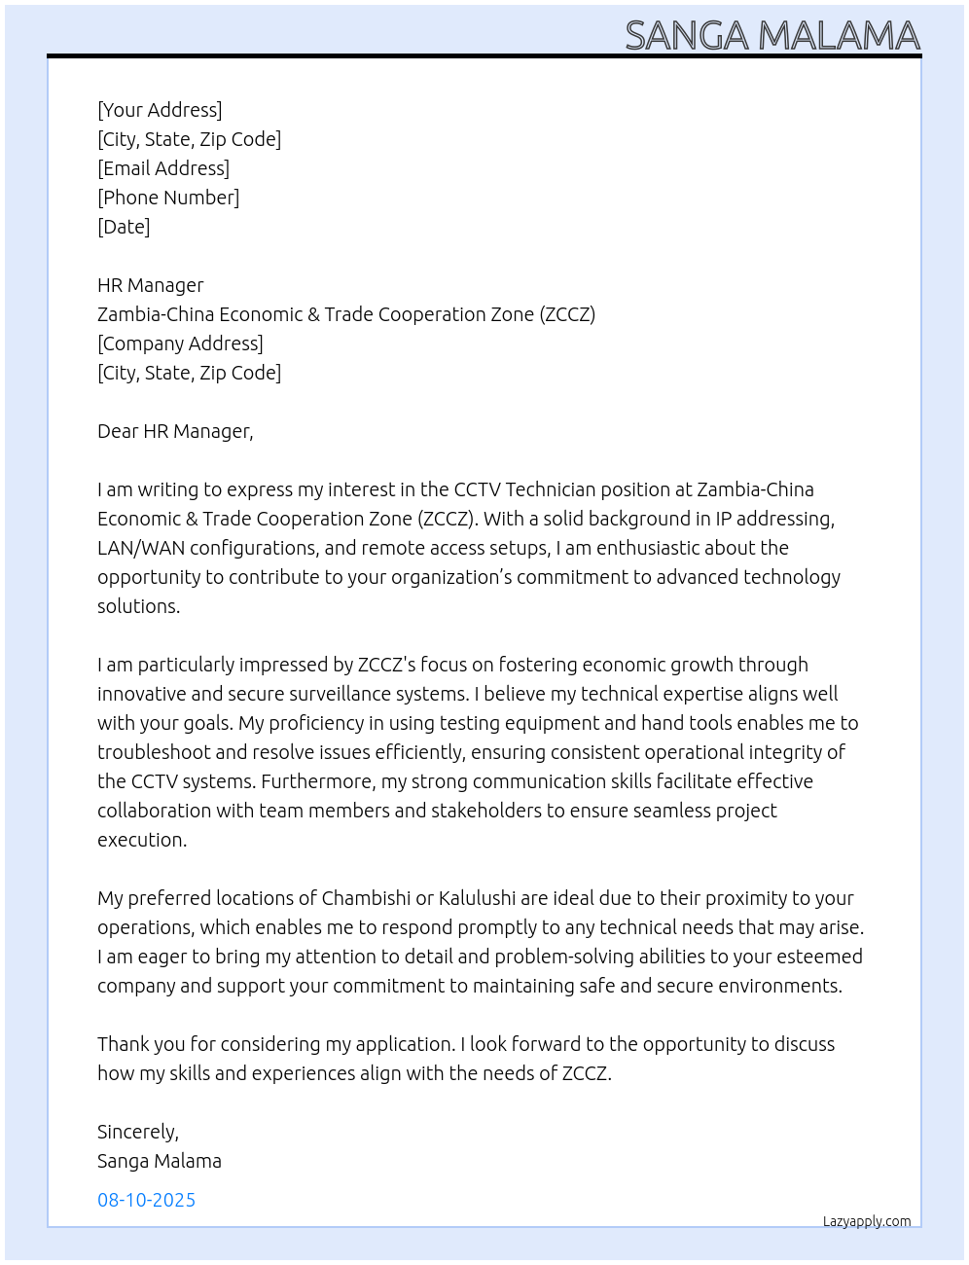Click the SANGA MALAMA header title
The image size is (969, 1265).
click(x=772, y=36)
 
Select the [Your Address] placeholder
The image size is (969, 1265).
click(x=160, y=110)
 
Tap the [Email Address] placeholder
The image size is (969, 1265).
click(x=163, y=168)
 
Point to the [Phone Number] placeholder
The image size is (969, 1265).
click(x=168, y=198)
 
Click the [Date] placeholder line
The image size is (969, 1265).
click(x=124, y=227)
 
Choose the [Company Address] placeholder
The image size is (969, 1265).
click(x=180, y=343)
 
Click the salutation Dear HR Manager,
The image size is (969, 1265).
click(x=175, y=431)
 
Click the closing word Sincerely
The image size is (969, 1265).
click(x=137, y=1132)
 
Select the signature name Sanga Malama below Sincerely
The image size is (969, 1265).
click(x=160, y=1161)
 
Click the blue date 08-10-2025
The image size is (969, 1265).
click(x=146, y=1200)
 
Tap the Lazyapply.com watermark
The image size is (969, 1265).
click(x=867, y=1221)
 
